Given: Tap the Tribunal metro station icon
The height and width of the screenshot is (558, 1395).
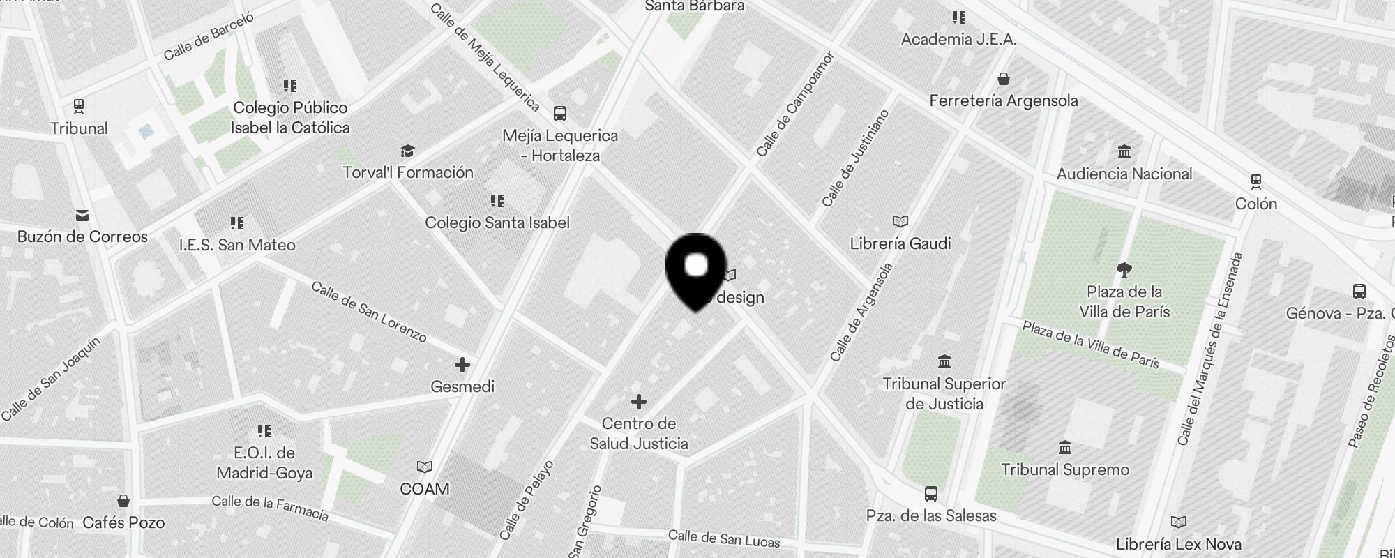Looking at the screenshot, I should (79, 107).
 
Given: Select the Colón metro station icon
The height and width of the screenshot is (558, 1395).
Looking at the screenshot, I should (1255, 182).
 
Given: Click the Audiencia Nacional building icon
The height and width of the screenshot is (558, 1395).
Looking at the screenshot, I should (1124, 152).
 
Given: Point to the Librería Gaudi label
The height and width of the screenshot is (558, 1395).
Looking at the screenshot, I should (900, 243).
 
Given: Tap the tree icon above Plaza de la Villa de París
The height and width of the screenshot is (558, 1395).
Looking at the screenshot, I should (1124, 269).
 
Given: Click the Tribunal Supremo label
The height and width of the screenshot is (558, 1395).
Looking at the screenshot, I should (1065, 469).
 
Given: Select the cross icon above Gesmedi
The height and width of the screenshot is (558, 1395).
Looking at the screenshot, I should (462, 364).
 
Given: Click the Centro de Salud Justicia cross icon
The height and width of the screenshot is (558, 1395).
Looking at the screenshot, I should (638, 401).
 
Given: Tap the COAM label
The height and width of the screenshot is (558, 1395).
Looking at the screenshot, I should (425, 489).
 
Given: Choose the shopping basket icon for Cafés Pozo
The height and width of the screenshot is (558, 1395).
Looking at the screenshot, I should (123, 501).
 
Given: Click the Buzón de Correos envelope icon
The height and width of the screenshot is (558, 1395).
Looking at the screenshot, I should (82, 215).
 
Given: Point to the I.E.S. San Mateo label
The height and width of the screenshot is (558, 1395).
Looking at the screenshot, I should (237, 245).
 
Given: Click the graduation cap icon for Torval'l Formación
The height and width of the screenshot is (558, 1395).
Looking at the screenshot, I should (407, 151).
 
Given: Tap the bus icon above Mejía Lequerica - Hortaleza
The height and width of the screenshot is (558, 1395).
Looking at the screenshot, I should (559, 113).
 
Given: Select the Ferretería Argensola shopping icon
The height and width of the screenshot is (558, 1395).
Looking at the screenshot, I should (1003, 79).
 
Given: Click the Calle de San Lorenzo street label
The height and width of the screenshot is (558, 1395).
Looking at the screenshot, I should (369, 312).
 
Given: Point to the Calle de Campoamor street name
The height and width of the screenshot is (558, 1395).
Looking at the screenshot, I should (795, 104).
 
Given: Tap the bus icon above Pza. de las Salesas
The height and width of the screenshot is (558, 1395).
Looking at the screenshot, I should (930, 494).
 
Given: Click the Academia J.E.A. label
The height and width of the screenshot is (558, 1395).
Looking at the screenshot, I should (958, 39).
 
